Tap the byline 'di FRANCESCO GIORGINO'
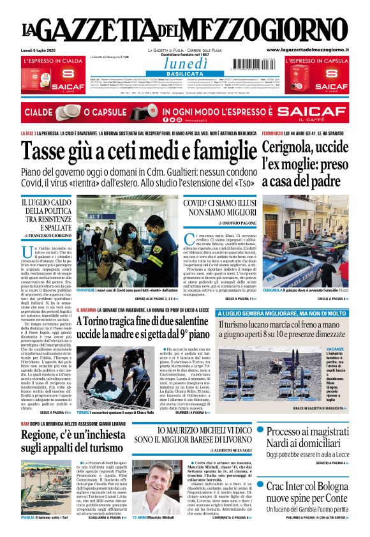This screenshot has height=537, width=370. pos(47,236)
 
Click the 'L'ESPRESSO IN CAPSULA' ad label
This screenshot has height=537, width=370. pos(315,61)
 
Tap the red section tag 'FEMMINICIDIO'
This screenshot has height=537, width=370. pos(277,133)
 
